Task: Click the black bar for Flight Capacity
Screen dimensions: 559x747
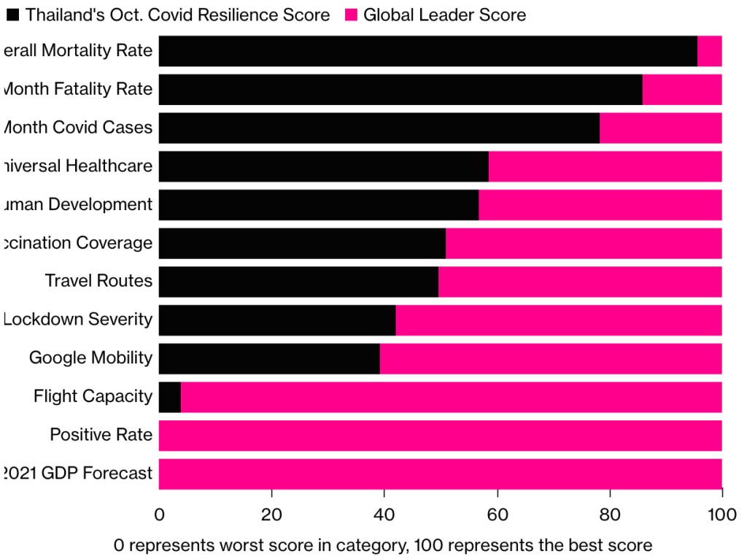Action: coord(170,397)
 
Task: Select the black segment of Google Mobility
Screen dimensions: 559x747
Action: coord(269,358)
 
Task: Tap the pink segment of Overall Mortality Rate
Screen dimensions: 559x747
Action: coord(709,51)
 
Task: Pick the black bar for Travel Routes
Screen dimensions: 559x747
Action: coord(298,282)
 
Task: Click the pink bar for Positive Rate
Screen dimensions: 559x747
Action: coord(440,435)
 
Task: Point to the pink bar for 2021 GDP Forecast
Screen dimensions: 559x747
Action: coord(440,474)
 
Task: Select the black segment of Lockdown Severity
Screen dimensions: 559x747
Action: coord(277,320)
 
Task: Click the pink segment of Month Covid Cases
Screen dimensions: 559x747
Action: coord(660,128)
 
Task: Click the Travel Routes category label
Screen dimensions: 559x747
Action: coord(98,281)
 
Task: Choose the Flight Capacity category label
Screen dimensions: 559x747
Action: coord(93,396)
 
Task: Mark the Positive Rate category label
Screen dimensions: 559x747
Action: coord(101,435)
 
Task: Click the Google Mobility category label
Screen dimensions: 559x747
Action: coord(90,358)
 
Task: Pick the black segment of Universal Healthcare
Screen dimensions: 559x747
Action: coord(323,166)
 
